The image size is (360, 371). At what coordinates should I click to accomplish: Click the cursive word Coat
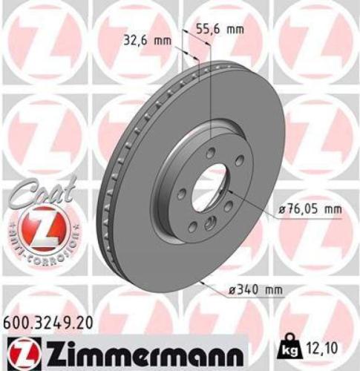pyautogui.click(x=42, y=195)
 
